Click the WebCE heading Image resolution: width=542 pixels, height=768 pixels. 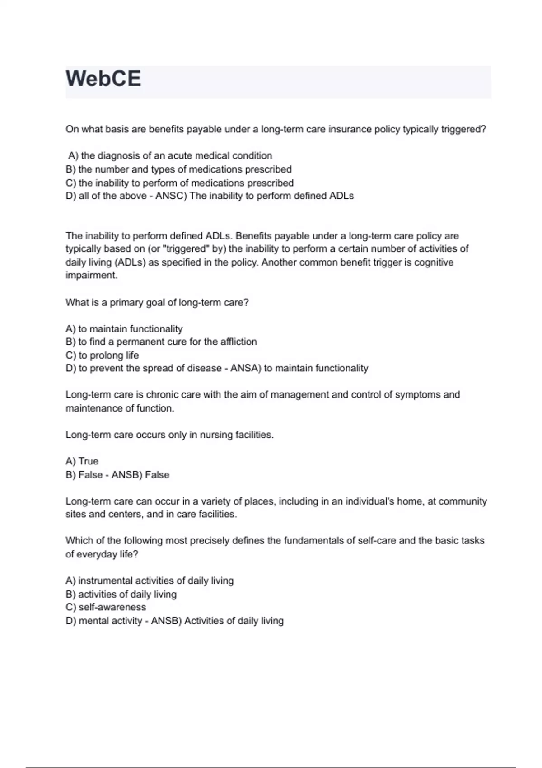point(103,79)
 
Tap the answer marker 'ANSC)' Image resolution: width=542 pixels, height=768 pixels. point(171,196)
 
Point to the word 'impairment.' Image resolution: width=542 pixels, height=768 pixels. point(92,276)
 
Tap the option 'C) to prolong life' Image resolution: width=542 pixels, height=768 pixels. point(102,356)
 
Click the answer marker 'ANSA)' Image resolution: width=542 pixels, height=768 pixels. point(246,368)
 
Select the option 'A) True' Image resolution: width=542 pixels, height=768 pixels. point(82,461)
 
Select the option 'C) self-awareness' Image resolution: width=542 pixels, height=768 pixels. point(106,608)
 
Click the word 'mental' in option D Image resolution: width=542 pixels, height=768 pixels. point(93,621)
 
